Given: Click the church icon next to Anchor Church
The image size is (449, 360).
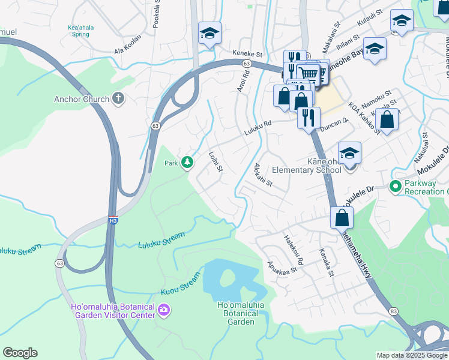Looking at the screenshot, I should (x=118, y=99).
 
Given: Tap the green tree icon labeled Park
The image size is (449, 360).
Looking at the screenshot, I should (x=187, y=162).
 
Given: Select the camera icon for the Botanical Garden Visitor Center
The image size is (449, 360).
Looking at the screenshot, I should (x=164, y=310).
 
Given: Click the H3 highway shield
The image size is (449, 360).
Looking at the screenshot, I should (x=113, y=220).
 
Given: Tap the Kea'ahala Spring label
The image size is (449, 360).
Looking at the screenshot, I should (x=79, y=31).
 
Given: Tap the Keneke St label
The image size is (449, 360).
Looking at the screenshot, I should (x=248, y=54).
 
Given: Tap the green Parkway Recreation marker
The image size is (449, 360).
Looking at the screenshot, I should (x=395, y=187).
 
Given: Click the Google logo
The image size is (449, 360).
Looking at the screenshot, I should (x=20, y=353).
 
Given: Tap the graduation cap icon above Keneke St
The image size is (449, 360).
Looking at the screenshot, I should (x=209, y=33).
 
